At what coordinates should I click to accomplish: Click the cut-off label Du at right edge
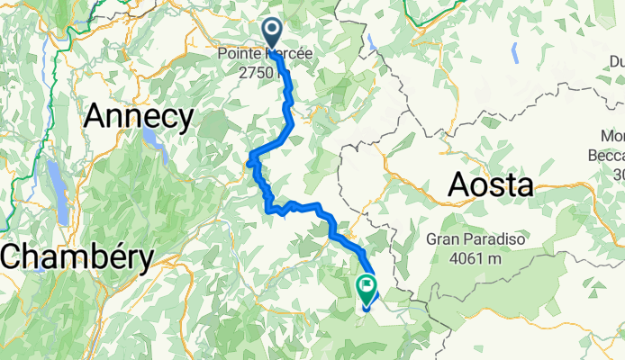click(616, 61)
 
